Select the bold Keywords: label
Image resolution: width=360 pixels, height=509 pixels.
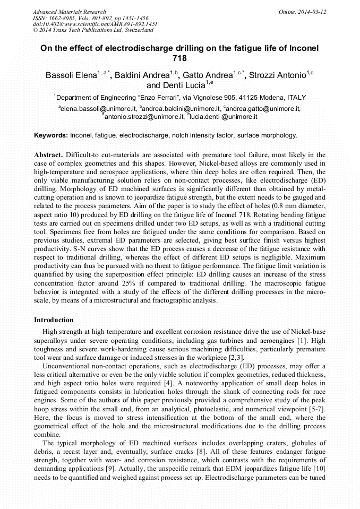click(x=50, y=135)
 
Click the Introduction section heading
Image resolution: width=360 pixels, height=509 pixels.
click(x=54, y=320)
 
